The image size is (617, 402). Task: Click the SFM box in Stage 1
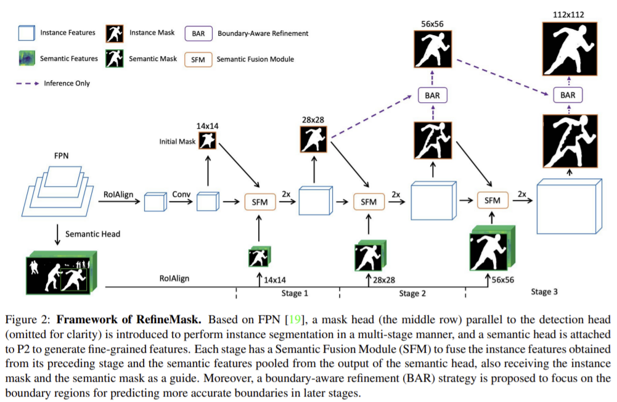(x=259, y=201)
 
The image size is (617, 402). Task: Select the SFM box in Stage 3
(x=492, y=200)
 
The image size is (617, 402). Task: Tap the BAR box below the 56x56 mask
(x=432, y=96)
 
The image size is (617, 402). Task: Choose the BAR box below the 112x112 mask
(x=568, y=96)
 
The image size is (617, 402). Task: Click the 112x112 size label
(x=569, y=13)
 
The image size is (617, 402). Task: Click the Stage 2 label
(x=412, y=293)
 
